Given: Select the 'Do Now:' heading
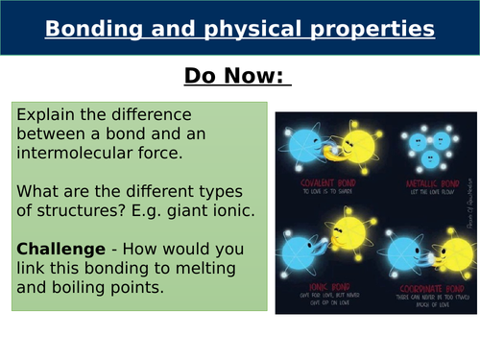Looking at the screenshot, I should pos(240,76).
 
